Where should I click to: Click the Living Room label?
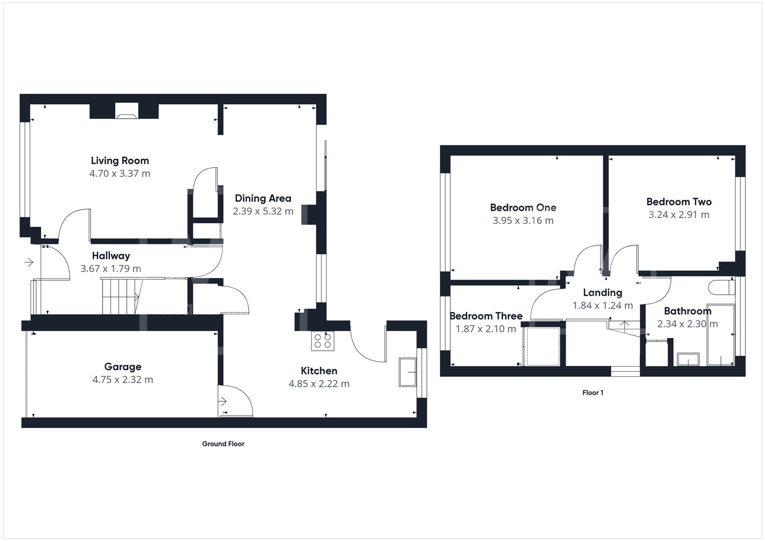pyautogui.click(x=120, y=161)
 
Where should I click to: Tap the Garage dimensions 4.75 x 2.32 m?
pyautogui.click(x=123, y=380)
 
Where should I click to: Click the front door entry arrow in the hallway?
pyautogui.click(x=29, y=262)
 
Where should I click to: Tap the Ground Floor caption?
pyautogui.click(x=223, y=444)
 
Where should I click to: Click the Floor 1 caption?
pyautogui.click(x=593, y=393)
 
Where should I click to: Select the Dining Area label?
pyautogui.click(x=263, y=198)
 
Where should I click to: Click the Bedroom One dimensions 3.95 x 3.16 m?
pyautogui.click(x=523, y=220)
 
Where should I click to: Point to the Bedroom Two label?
pyautogui.click(x=679, y=202)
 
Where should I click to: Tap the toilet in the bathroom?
pyautogui.click(x=721, y=288)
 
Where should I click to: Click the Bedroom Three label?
pyautogui.click(x=486, y=316)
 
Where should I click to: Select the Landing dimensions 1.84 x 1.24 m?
pyautogui.click(x=603, y=306)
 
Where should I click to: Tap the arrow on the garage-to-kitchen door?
pyautogui.click(x=222, y=402)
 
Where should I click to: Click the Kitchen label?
pyautogui.click(x=319, y=371)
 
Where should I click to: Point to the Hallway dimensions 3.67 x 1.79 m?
pyautogui.click(x=111, y=268)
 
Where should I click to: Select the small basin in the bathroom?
pyautogui.click(x=688, y=359)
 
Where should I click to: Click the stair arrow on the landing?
pyautogui.click(x=625, y=324)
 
